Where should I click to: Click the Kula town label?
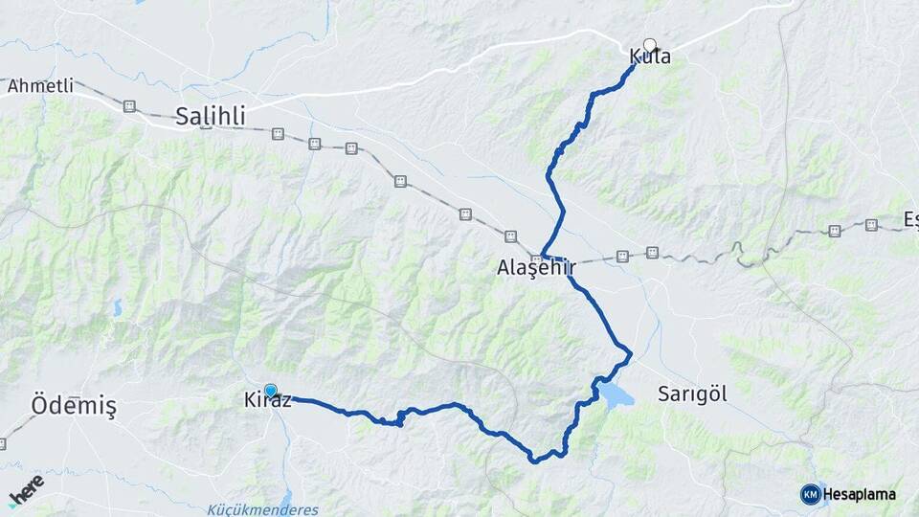point(650,57)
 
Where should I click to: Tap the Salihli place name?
point(211,117)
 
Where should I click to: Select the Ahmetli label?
point(40,86)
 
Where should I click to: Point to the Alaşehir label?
point(535,268)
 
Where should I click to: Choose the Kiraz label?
point(261,401)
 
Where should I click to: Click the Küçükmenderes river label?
point(262,510)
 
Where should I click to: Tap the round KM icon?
point(810,494)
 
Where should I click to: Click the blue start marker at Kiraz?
point(271,391)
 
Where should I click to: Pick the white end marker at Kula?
point(650,44)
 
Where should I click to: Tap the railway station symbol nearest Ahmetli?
point(129,106)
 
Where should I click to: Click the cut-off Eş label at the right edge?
point(910,221)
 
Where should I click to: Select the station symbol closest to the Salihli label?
point(278,135)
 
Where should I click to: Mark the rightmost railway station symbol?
point(871,225)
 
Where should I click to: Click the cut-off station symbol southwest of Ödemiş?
point(3,444)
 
